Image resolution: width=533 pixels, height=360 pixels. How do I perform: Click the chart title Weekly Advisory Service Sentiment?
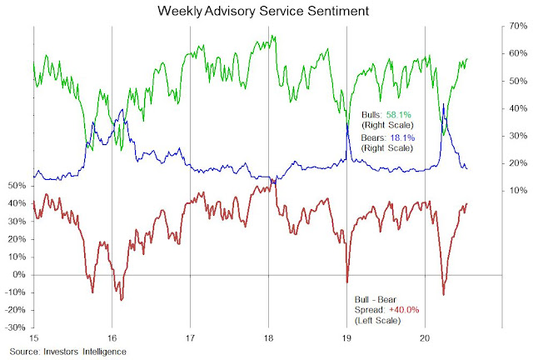tap(266, 11)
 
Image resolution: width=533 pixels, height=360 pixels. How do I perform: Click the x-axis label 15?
tap(33, 338)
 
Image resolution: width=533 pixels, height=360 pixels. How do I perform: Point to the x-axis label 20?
tap(426, 338)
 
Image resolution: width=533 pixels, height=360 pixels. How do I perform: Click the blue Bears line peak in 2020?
tap(444, 105)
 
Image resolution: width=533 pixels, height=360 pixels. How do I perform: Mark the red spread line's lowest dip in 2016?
tap(122, 299)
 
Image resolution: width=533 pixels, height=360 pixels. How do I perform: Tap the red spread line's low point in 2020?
tap(444, 294)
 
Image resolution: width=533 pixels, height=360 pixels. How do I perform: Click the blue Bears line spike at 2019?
tap(347, 121)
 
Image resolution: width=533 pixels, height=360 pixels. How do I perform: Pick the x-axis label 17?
tap(190, 338)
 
